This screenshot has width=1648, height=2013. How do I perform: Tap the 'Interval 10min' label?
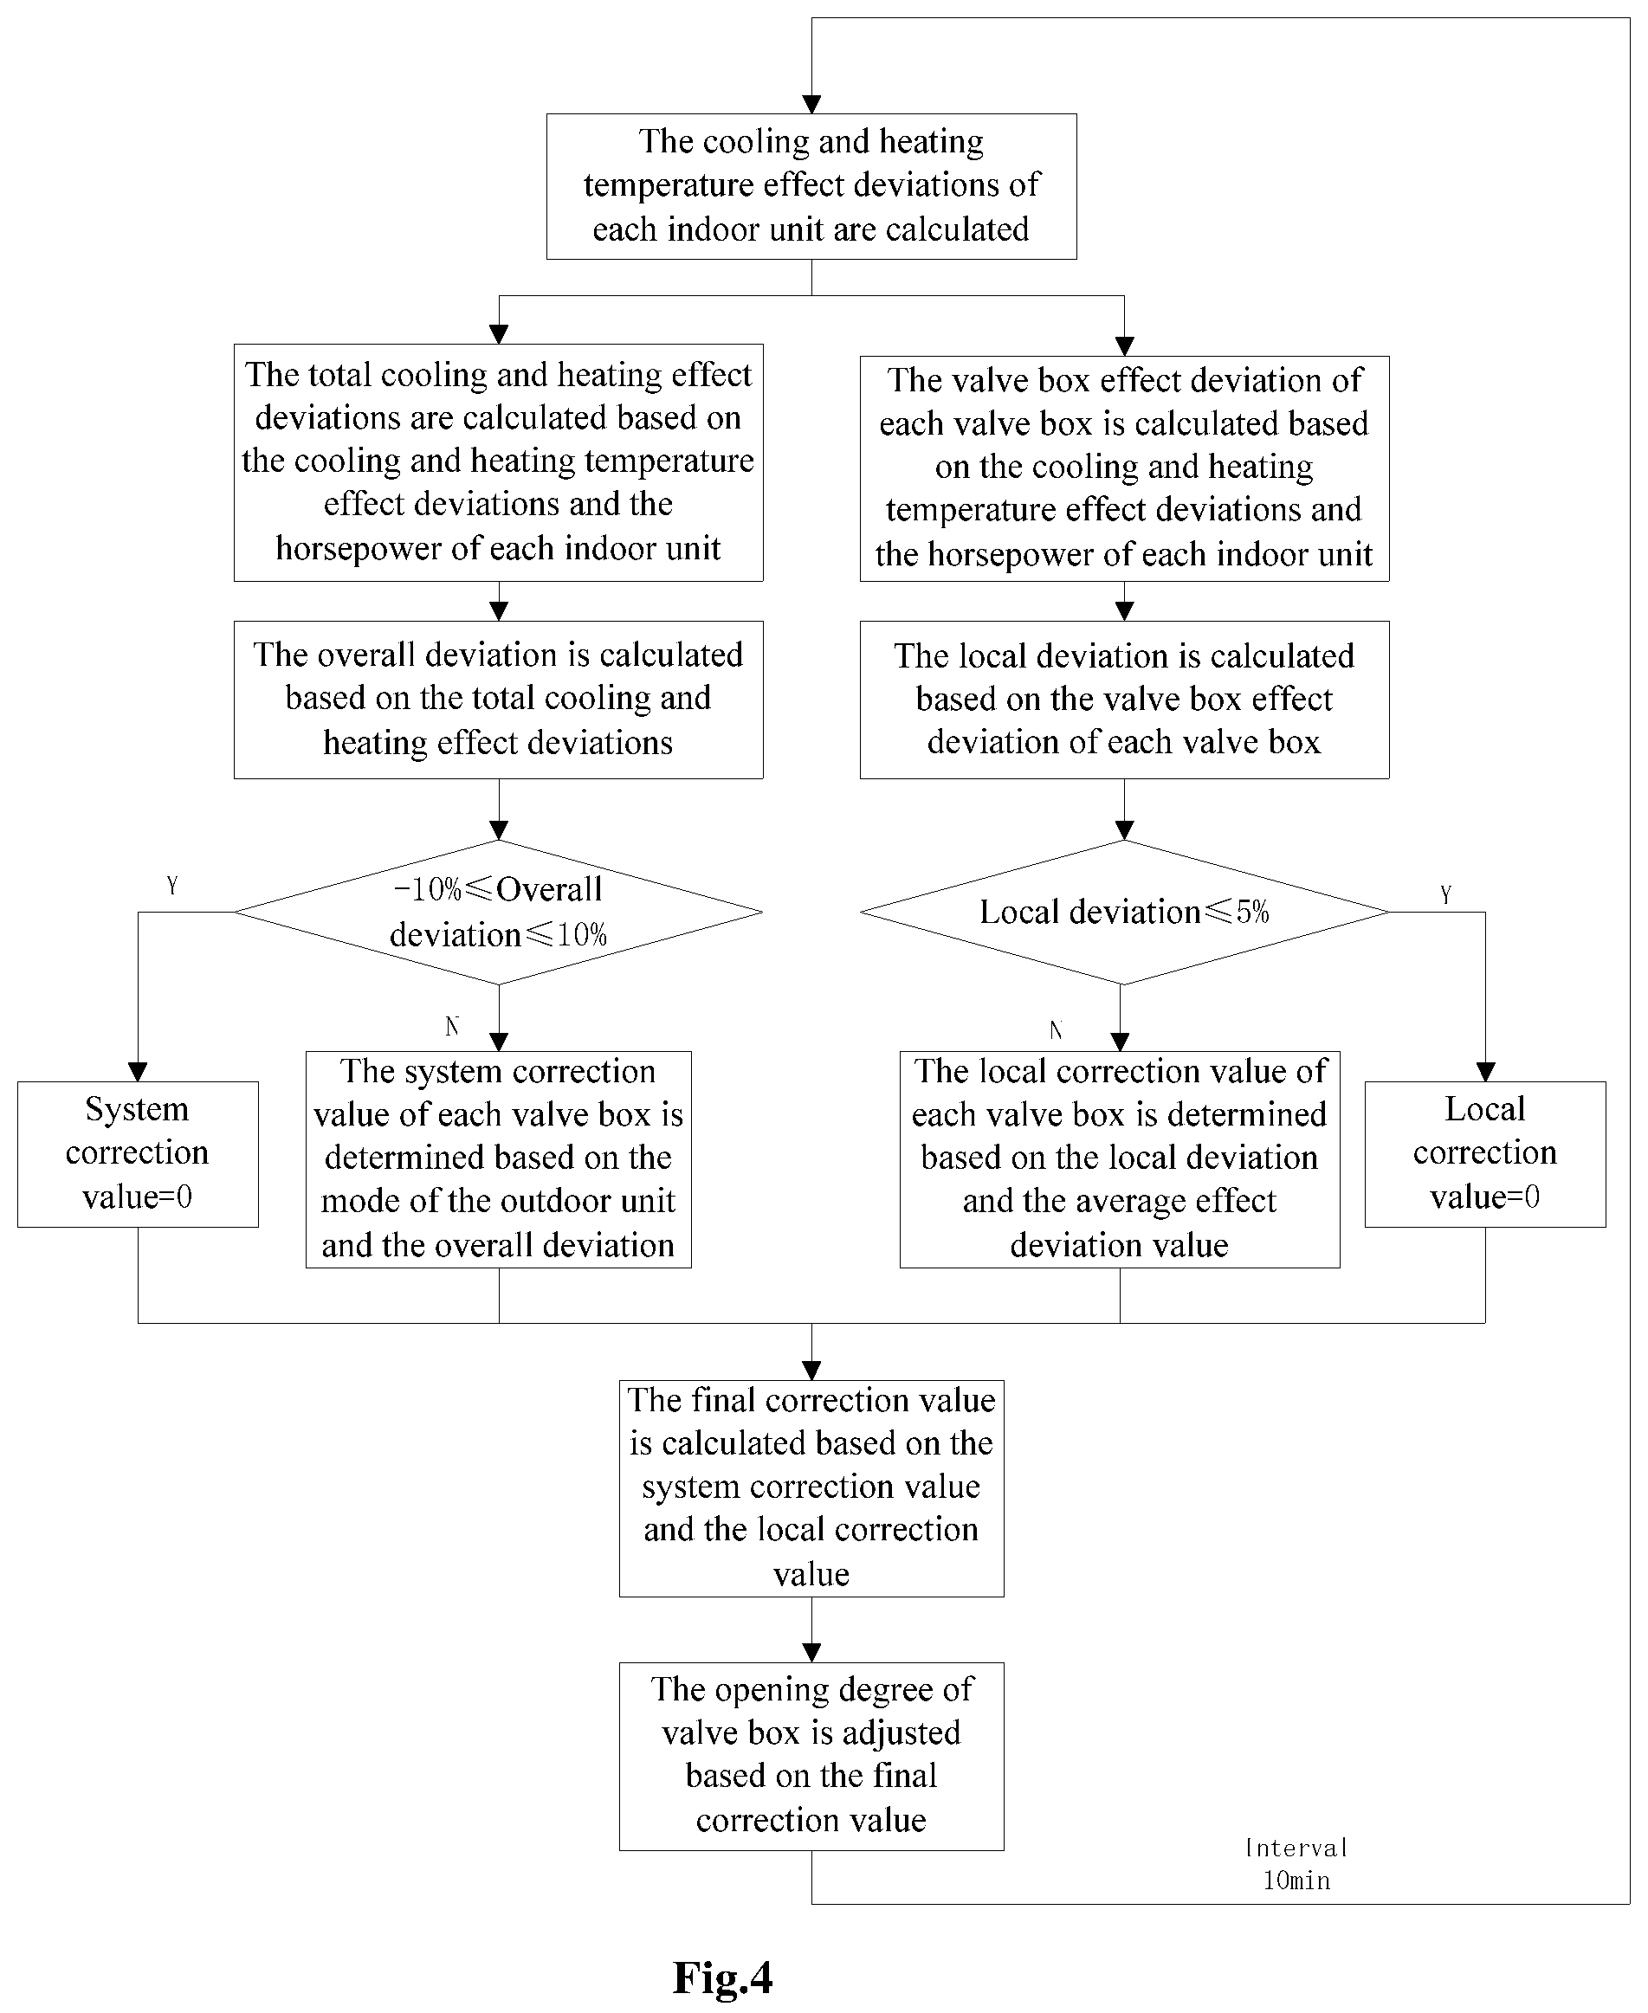pyautogui.click(x=1296, y=1865)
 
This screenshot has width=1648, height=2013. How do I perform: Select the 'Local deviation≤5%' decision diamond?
pyautogui.click(x=1124, y=912)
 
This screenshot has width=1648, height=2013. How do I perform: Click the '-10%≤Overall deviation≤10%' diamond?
pyautogui.click(x=499, y=912)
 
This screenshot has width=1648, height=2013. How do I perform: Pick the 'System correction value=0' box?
pyautogui.click(x=138, y=1154)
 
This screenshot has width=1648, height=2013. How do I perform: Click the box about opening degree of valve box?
pyautogui.click(x=811, y=1757)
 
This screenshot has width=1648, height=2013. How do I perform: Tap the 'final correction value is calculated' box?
pyautogui.click(x=811, y=1488)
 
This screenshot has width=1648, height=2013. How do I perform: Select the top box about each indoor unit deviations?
pyautogui.click(x=811, y=186)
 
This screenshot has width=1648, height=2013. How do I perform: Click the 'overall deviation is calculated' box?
pyautogui.click(x=499, y=700)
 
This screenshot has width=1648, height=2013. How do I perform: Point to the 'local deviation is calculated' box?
pyautogui.click(x=1124, y=700)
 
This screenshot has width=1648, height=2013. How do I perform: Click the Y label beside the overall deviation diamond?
pyautogui.click(x=171, y=886)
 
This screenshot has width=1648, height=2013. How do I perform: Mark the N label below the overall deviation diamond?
pyautogui.click(x=452, y=1026)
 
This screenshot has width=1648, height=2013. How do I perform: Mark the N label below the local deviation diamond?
pyautogui.click(x=1056, y=1029)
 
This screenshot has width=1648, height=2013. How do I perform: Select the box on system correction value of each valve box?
pyautogui.click(x=499, y=1158)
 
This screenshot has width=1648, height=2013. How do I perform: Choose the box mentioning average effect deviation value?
pyautogui.click(x=1121, y=1158)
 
